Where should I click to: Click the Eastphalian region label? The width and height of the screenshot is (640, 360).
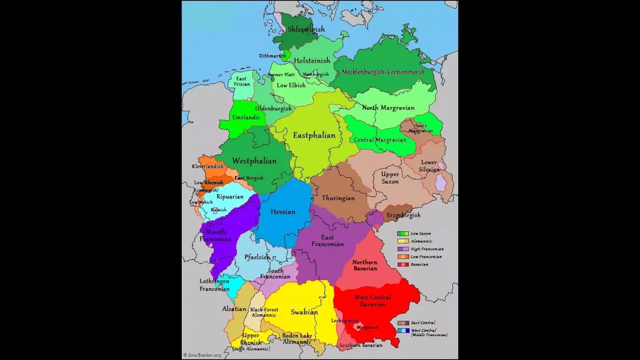click(x=314, y=135)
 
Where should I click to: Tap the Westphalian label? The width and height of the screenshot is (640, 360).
click(x=254, y=161)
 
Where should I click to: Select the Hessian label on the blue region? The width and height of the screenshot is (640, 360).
click(x=283, y=211)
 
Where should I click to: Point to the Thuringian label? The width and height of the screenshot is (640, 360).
click(x=338, y=198)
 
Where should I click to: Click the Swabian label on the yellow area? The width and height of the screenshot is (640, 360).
click(x=304, y=312)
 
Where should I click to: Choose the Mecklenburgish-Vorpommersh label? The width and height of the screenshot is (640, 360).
click(x=383, y=72)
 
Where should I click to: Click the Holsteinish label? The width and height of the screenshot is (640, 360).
click(x=312, y=60)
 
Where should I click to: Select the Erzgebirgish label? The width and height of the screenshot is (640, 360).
click(x=403, y=215)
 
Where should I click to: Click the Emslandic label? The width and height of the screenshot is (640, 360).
click(x=246, y=117)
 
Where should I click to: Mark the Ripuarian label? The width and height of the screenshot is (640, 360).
click(x=230, y=196)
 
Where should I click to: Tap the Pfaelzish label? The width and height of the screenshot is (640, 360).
click(x=257, y=257)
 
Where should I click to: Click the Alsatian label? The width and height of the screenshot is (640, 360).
click(x=234, y=309)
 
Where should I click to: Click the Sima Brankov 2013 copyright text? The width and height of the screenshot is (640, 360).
click(x=202, y=355)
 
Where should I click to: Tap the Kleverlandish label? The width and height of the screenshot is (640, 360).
click(x=207, y=166)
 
